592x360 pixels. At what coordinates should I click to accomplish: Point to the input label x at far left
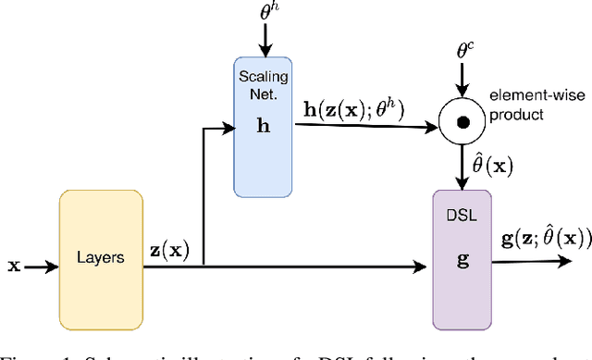click(x=13, y=267)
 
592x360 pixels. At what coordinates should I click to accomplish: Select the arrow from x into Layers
click(x=43, y=267)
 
